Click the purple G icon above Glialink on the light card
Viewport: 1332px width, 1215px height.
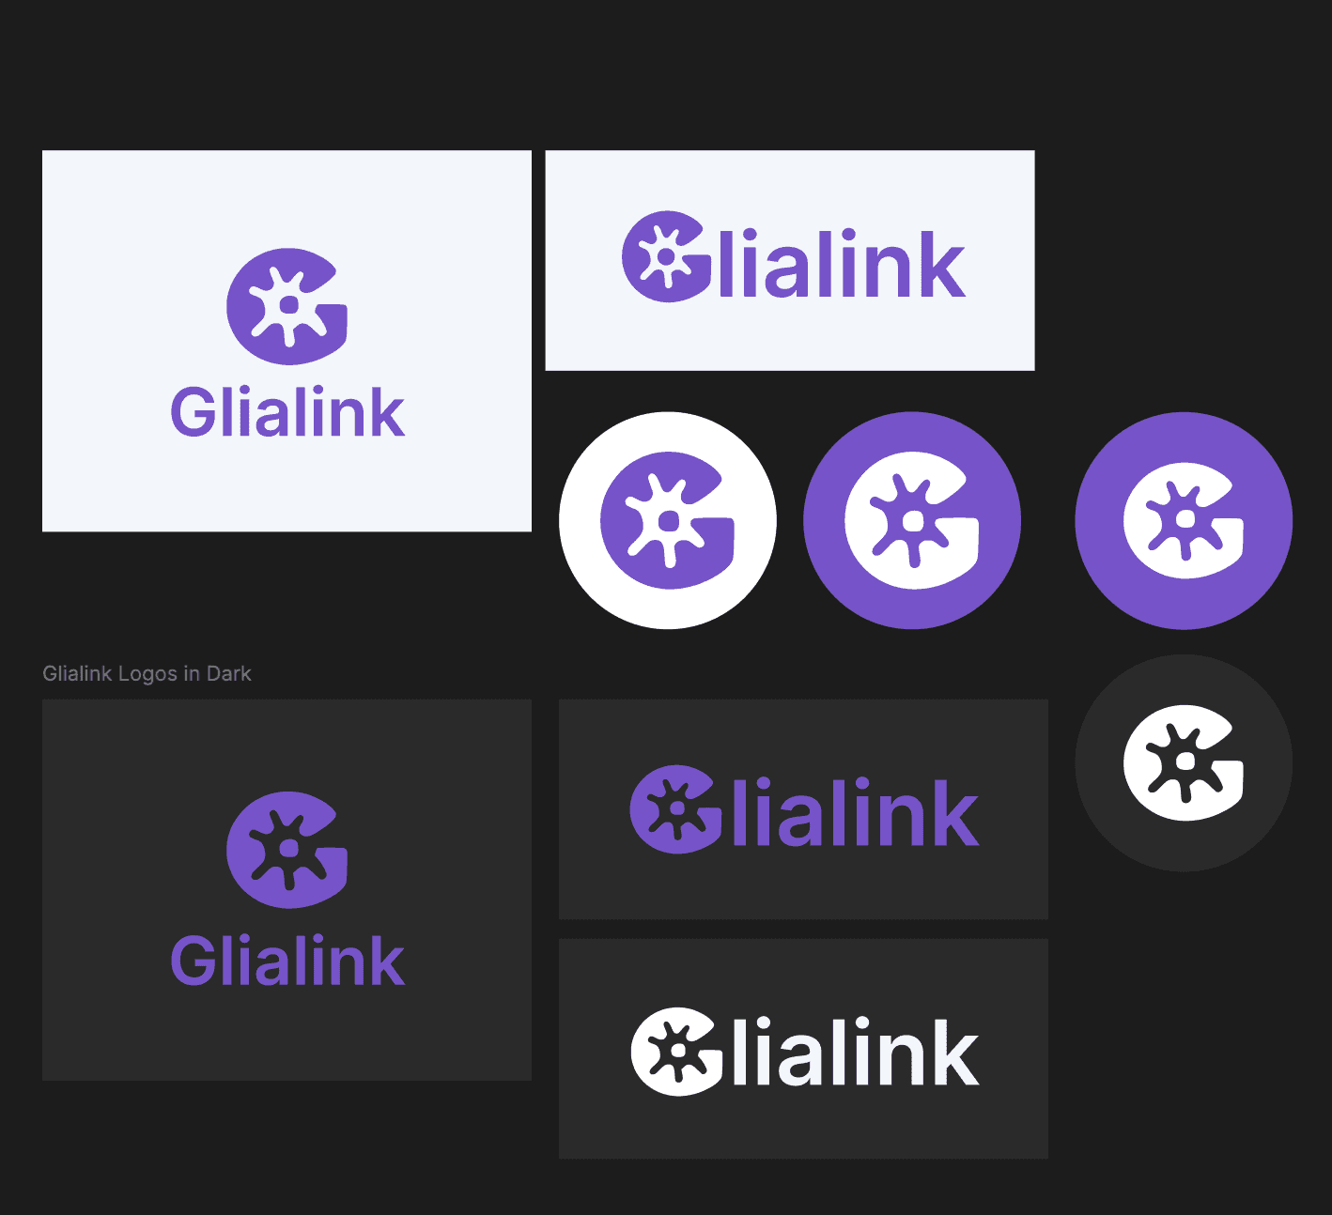[x=287, y=306]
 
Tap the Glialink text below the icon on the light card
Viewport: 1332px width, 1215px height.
[x=287, y=413]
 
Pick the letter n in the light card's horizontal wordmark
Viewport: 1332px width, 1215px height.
[x=891, y=273]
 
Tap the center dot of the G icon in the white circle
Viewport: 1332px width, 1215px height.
[x=669, y=521]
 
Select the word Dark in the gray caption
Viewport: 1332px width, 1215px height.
[x=229, y=674]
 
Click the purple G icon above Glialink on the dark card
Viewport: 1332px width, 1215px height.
[x=287, y=850]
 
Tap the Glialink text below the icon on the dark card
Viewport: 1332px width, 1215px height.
[x=287, y=961]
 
